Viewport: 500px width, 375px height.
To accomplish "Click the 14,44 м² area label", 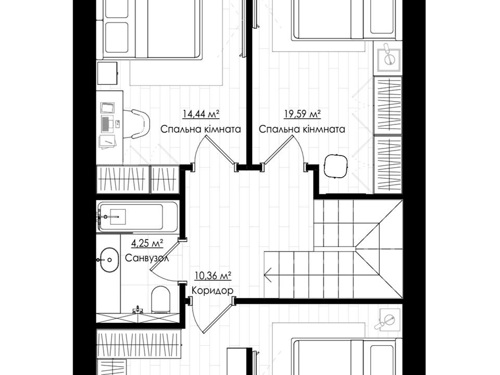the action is pos(201,114).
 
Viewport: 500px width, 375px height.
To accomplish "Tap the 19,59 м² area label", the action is pos(302,114).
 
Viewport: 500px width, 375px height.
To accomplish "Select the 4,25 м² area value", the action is pos(147,244).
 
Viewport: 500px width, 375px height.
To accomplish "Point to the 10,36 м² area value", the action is pos(213,276).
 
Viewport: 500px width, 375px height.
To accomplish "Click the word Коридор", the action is pos(213,291).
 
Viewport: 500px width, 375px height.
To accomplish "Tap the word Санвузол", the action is pos(147,258).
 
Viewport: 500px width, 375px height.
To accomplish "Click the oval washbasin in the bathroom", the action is pos(109,260).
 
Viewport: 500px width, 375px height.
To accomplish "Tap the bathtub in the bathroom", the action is pos(137,217).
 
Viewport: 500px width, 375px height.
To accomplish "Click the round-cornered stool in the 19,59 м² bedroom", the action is pos(335,166).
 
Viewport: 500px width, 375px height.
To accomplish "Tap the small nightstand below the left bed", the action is pos(107,73).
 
